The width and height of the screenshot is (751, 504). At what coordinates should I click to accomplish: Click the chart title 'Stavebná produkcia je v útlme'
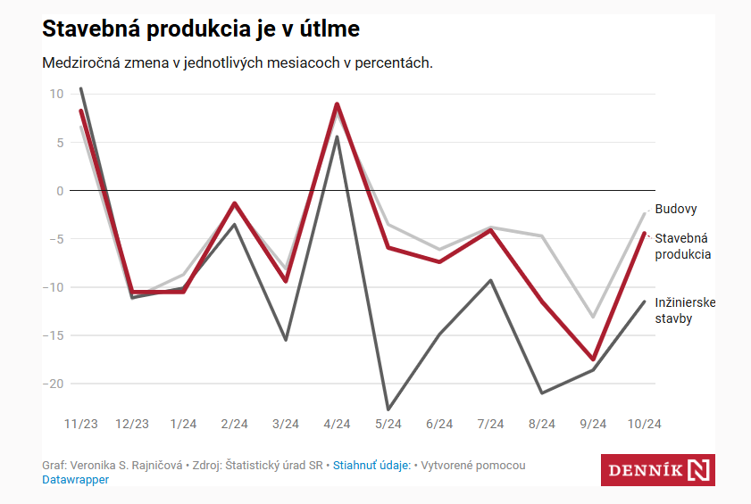pos(201,29)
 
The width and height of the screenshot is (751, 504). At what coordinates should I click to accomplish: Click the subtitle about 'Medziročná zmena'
pos(238,63)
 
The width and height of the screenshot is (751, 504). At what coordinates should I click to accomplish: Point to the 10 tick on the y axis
pos(56,94)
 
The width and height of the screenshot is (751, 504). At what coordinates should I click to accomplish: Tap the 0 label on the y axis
pos(60,191)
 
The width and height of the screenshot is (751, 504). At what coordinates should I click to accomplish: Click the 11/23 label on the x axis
pos(81,424)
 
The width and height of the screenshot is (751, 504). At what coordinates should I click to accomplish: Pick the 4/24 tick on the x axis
pos(337,424)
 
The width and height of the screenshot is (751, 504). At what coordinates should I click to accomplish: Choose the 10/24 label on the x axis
pos(644,424)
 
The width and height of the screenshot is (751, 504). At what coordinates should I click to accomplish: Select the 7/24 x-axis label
pos(490,424)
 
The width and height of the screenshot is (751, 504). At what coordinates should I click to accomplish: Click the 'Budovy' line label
pos(676,210)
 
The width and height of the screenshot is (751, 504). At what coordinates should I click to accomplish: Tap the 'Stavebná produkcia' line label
pos(683,246)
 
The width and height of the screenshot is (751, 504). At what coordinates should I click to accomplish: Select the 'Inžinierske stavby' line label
pos(685,310)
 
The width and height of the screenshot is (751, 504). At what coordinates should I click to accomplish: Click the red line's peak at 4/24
pos(337,104)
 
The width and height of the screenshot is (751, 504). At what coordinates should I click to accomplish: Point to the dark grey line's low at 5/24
pos(388,409)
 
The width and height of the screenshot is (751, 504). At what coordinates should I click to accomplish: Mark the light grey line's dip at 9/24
pos(593,317)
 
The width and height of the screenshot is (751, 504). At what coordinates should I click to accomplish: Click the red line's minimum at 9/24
pos(593,359)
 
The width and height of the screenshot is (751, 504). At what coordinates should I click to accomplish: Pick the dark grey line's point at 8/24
pos(541,392)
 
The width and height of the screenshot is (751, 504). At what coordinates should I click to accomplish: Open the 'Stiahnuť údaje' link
pos(371,465)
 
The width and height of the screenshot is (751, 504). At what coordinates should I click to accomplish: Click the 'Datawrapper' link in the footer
pos(75,479)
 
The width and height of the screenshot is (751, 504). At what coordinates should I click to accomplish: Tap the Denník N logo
pos(657,469)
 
